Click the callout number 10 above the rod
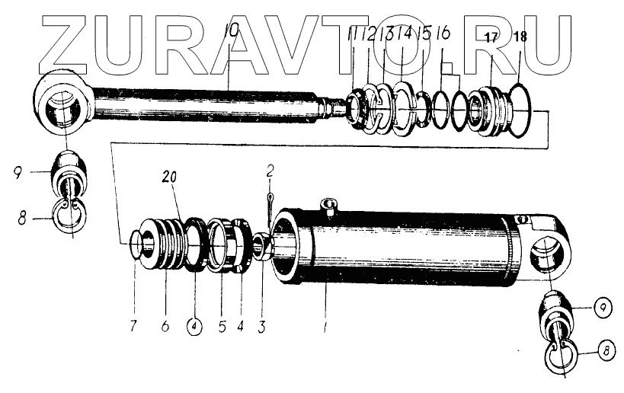pyautogui.click(x=232, y=33)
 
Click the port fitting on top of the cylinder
pyautogui.click(x=328, y=205)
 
